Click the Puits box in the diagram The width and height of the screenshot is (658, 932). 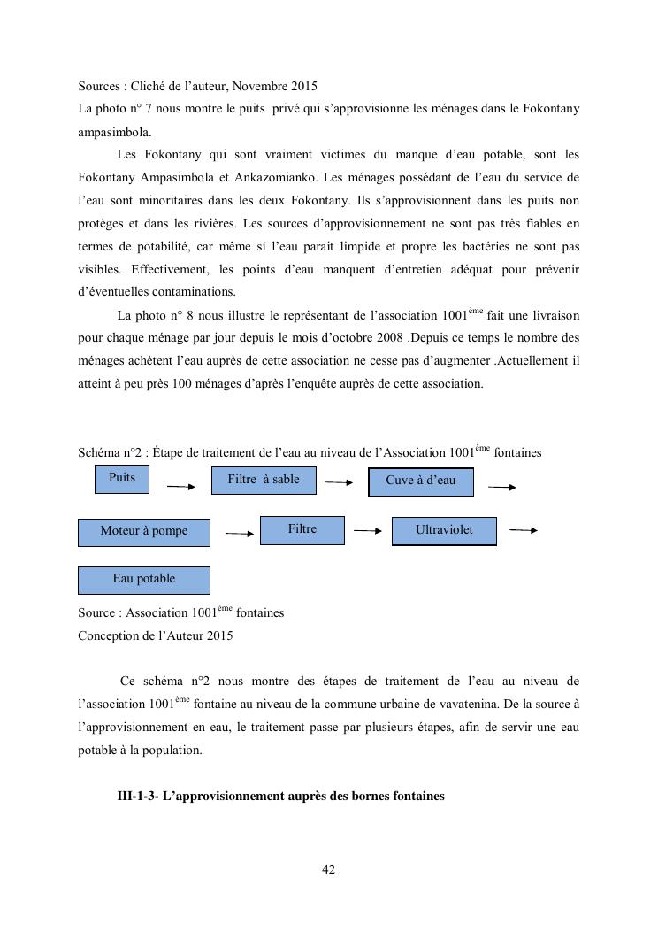click(122, 479)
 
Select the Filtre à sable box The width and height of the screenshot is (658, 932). click(264, 480)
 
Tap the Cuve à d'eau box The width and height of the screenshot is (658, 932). click(420, 481)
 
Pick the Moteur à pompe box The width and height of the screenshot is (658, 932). click(144, 532)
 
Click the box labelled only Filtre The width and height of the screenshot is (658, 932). click(302, 529)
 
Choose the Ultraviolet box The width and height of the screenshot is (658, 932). click(444, 530)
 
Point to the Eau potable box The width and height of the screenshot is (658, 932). click(144, 580)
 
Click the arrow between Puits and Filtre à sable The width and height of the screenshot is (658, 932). click(180, 486)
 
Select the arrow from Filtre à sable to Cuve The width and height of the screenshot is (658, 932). click(339, 482)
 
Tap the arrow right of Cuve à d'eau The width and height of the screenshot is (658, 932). click(501, 487)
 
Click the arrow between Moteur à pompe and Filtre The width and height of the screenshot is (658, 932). click(240, 534)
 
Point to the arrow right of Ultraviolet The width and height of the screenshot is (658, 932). click(524, 530)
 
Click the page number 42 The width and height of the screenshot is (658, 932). click(328, 870)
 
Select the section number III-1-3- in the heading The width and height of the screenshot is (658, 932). click(141, 796)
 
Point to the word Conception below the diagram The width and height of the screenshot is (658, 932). click(108, 635)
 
